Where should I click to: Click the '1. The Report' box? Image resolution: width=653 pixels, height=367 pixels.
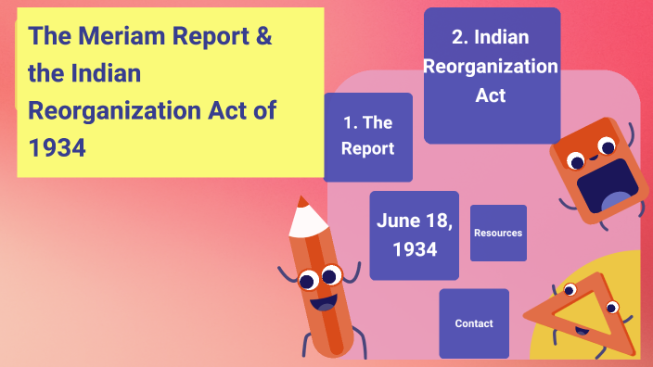pos(368,136)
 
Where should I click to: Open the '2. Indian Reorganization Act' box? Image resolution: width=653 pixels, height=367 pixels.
pos(492,74)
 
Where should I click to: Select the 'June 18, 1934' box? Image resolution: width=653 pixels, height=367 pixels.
pos(414,235)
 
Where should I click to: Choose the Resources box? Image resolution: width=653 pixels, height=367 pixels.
pos(498,233)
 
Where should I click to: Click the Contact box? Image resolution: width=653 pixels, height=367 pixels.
pos(474,323)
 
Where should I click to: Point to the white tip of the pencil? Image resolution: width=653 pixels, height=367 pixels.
pos(303,219)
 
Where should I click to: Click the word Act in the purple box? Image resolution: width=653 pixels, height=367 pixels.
pos(491,95)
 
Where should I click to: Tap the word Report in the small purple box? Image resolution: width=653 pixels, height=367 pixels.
pos(368,148)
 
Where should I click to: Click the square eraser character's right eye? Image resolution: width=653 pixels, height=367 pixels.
pos(608,146)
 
